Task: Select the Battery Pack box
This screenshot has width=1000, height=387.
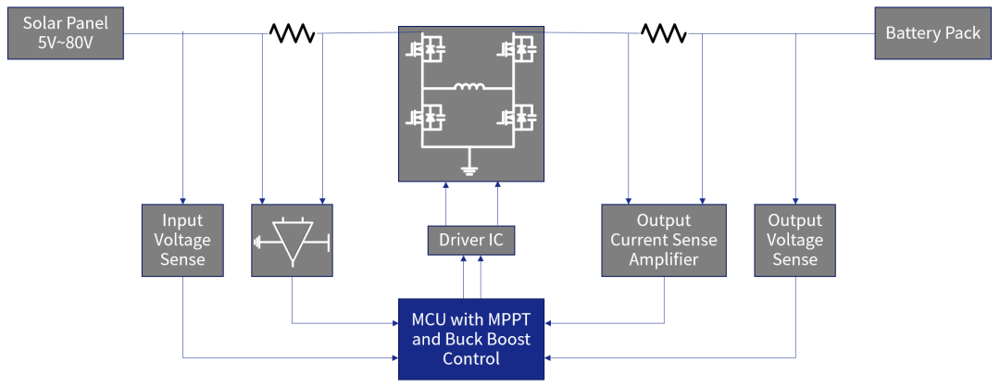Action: pos(932,33)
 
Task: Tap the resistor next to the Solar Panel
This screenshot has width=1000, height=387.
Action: pos(292,33)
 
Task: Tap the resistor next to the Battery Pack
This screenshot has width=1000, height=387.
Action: pos(664,33)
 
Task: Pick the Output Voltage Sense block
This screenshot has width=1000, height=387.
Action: pos(794,240)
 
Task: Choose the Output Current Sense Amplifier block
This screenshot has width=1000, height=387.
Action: pos(664,240)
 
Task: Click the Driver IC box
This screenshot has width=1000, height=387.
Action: pos(470,241)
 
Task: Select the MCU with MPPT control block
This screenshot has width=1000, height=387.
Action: pos(471,339)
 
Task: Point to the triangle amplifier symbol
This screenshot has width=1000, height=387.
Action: pos(293,243)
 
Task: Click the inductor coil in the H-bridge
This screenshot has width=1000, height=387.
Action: pos(469,88)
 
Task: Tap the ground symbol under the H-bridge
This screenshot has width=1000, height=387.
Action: pos(469,169)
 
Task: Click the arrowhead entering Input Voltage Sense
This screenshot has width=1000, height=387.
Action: pos(183,199)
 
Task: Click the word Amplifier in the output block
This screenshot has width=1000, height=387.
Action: pos(664,259)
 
